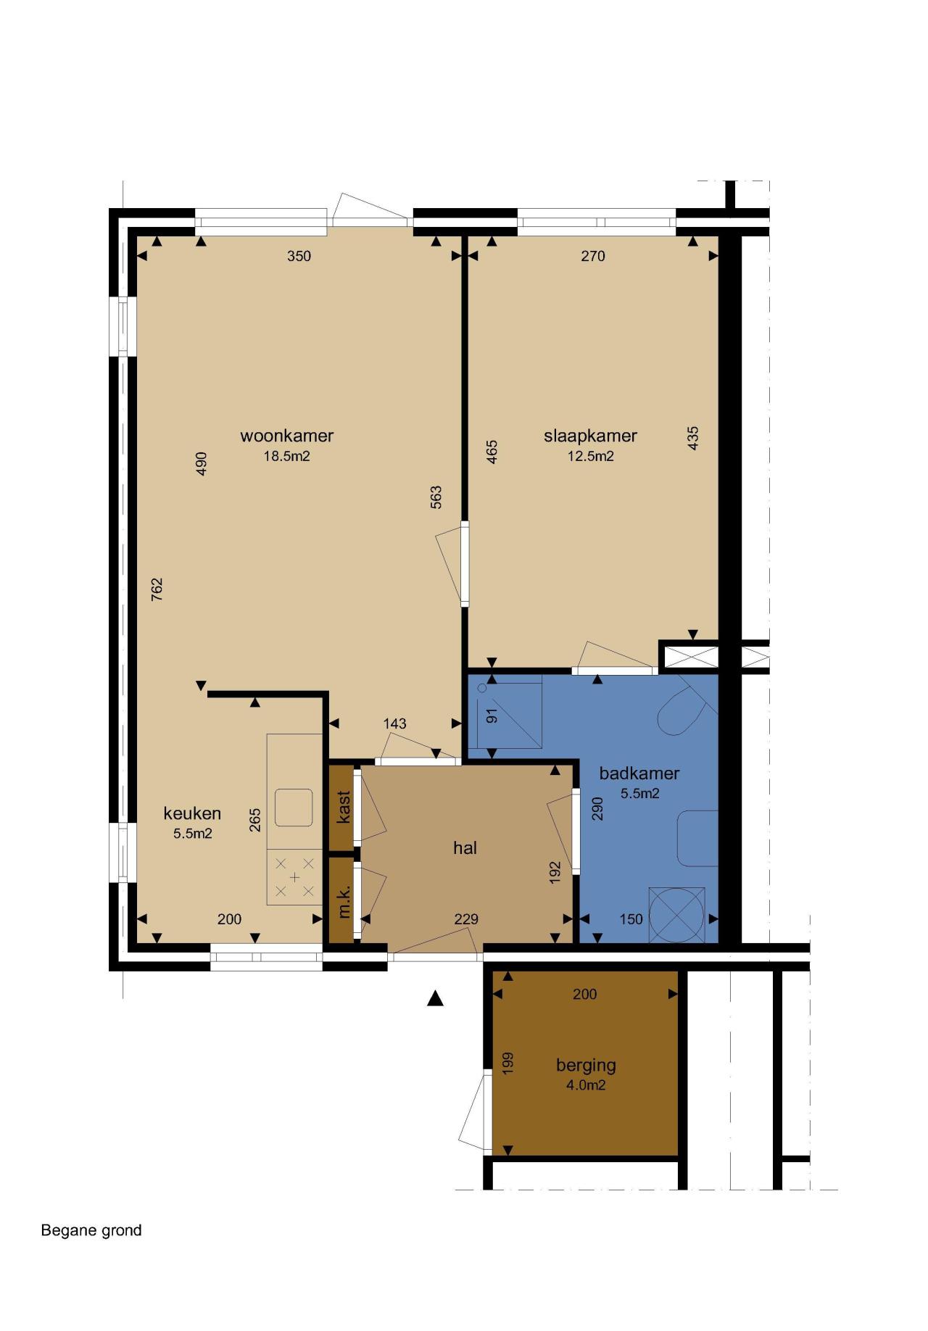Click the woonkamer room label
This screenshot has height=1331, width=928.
(287, 436)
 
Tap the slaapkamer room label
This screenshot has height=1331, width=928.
(590, 436)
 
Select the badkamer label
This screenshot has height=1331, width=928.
(639, 773)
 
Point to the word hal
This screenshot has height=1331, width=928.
(465, 847)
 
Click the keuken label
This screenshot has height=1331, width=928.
(192, 813)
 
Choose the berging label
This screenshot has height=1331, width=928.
(586, 1066)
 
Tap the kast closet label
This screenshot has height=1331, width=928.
(344, 807)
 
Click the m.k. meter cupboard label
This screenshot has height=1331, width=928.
(344, 901)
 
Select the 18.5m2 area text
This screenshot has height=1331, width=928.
(287, 456)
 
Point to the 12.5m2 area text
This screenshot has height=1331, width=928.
(590, 456)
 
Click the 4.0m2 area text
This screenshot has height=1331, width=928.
(586, 1085)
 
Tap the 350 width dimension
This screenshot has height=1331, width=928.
(299, 256)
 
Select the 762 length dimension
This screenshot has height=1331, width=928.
(157, 589)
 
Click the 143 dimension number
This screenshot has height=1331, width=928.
(394, 723)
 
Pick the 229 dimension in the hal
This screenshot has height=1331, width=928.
(466, 919)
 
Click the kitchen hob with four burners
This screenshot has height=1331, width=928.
(294, 877)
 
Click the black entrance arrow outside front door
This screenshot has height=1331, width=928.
(435, 998)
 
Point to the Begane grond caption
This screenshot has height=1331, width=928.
(91, 1230)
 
